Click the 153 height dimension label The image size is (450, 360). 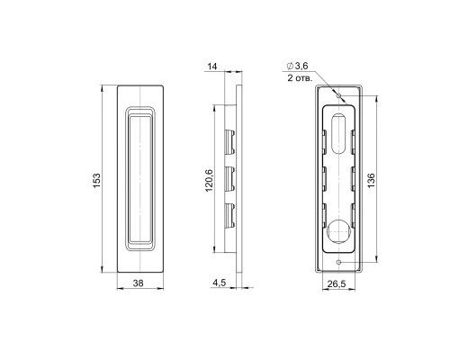point(96,180)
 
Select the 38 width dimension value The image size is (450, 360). point(138,283)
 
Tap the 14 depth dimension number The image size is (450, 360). point(212,67)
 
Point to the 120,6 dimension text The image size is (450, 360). point(209,181)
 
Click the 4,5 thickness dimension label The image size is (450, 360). point(220,283)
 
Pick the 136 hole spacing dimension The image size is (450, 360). point(371,180)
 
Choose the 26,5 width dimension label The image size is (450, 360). point(337,283)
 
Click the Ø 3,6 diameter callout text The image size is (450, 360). point(298,66)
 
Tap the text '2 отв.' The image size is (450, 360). point(300,78)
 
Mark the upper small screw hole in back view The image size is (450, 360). point(339,95)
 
